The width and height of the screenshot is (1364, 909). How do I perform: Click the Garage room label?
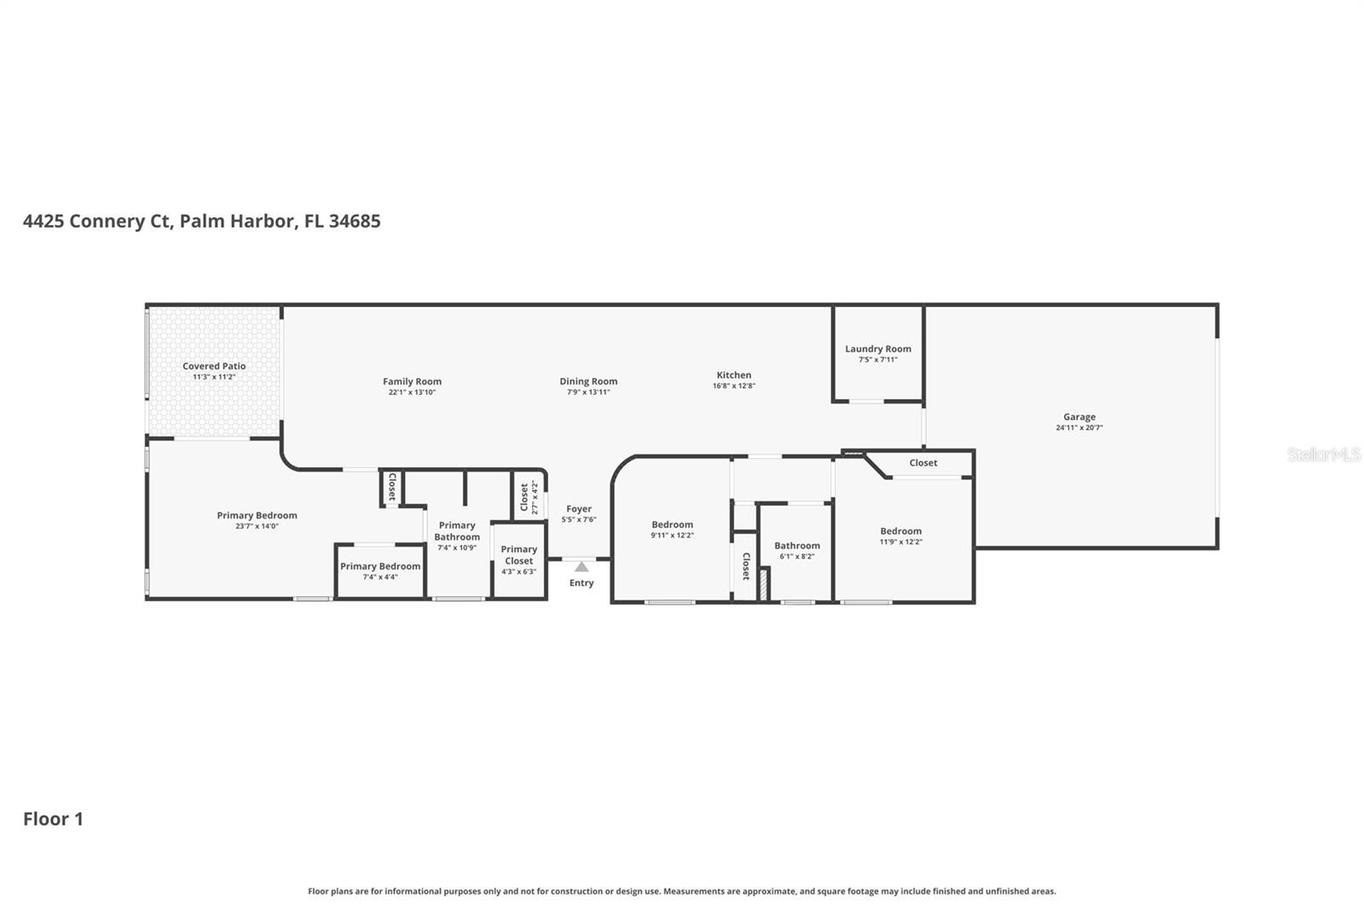tap(1078, 417)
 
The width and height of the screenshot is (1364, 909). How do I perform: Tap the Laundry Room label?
tap(877, 349)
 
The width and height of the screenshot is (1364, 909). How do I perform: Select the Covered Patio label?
tap(214, 366)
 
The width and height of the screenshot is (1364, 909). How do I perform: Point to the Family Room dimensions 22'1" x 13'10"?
tap(412, 392)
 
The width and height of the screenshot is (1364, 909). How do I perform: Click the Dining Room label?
tap(588, 381)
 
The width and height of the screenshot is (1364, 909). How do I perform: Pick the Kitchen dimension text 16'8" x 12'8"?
tap(734, 385)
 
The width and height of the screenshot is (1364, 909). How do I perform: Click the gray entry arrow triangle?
tap(581, 566)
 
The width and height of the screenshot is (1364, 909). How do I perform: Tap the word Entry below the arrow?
tap(581, 583)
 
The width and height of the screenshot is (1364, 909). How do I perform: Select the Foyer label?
tap(578, 509)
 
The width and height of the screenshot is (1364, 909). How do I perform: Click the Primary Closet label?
tap(518, 555)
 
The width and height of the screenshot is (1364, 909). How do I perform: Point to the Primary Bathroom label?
tap(457, 531)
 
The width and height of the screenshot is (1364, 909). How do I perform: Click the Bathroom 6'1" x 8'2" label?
tap(797, 546)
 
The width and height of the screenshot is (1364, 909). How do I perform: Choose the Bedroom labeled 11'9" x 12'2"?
tap(901, 531)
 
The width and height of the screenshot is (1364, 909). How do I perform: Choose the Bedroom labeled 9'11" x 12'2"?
tap(673, 525)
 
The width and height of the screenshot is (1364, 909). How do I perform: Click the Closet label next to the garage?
tap(923, 463)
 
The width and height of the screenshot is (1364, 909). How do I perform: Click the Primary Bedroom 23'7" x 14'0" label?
tap(257, 515)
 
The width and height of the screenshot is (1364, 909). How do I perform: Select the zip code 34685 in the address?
tap(355, 221)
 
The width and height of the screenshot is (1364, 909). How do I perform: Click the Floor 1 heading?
tap(53, 819)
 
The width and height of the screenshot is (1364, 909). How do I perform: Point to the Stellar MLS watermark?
tap(1323, 454)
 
